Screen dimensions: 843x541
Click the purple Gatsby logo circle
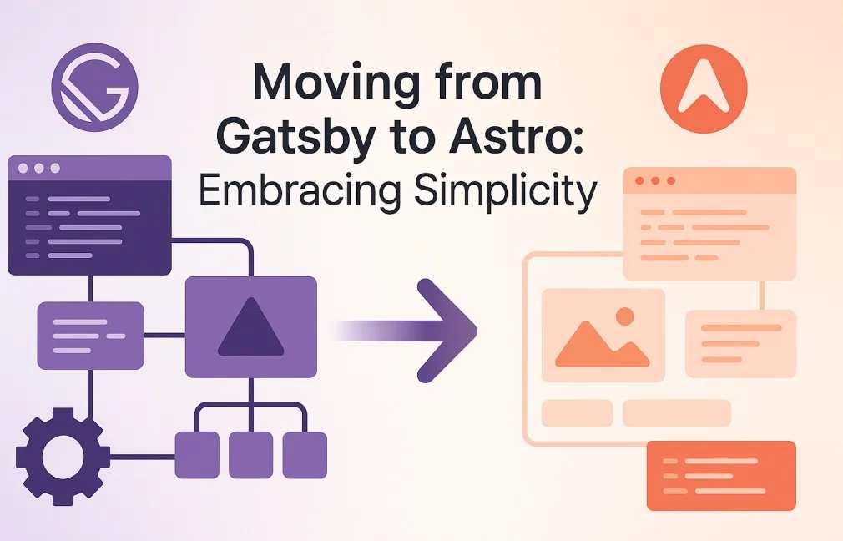(94, 88)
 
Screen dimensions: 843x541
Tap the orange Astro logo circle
(704, 88)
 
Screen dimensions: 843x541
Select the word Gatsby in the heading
(295, 137)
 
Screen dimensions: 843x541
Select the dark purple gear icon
(63, 457)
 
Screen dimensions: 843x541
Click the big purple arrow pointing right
(404, 330)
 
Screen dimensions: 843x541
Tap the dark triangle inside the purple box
(250, 327)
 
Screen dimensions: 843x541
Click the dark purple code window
(90, 215)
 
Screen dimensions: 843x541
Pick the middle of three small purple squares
(250, 455)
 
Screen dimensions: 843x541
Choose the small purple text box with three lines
(90, 336)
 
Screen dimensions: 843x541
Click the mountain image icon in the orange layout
(603, 336)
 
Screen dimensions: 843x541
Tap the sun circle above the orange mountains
(624, 316)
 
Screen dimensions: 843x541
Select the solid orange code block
(721, 476)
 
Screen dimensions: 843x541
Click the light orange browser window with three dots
(709, 224)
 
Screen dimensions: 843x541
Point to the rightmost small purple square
(305, 455)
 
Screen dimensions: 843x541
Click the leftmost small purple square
(197, 455)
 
